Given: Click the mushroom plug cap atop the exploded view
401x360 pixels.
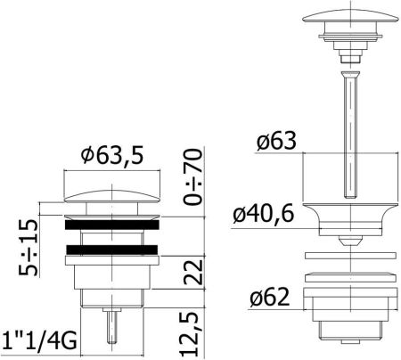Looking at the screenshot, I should click(345, 19).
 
